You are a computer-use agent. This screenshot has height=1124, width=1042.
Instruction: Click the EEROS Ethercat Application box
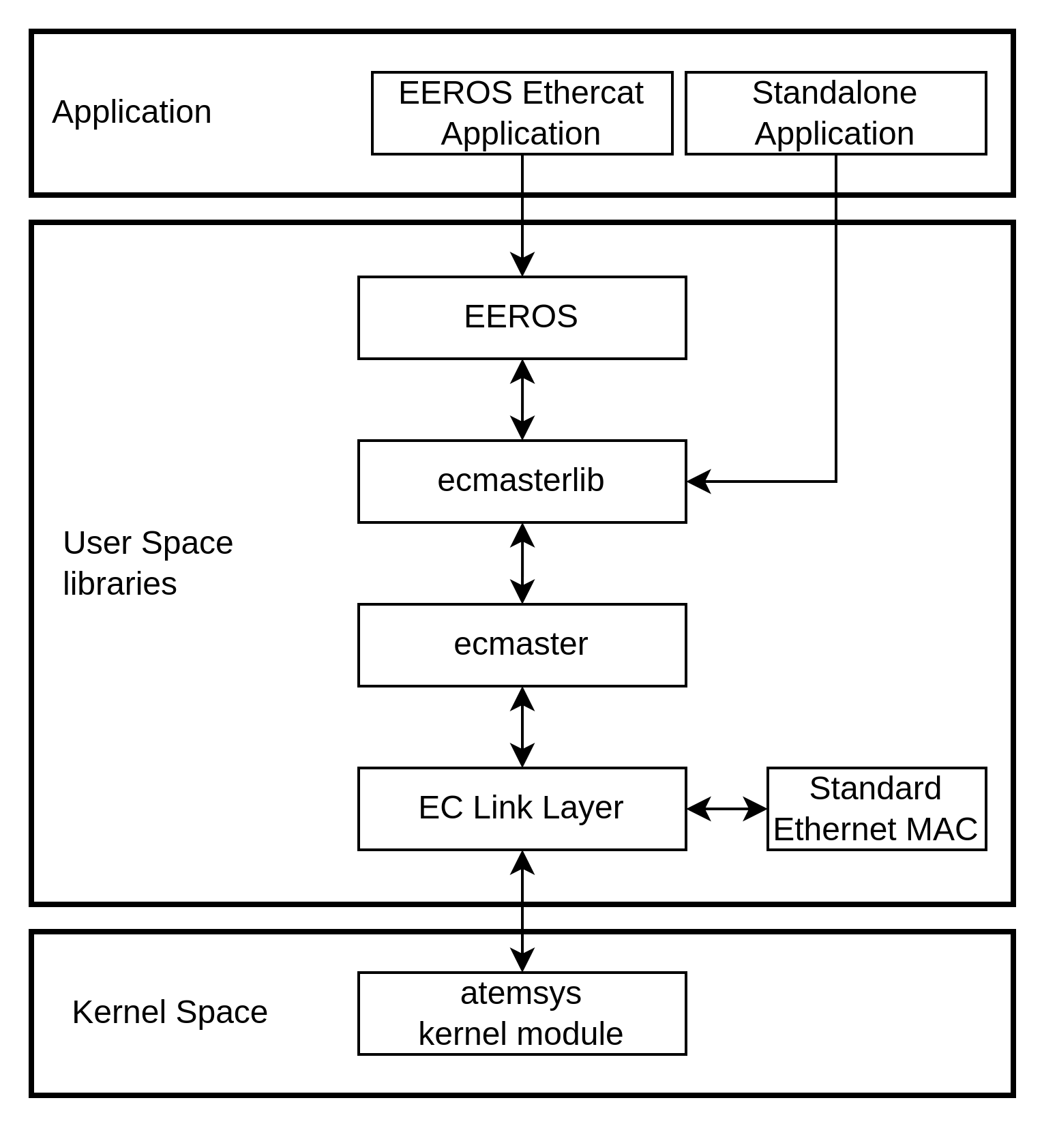[x=522, y=113]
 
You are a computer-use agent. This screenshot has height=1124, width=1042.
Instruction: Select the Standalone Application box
[x=835, y=113]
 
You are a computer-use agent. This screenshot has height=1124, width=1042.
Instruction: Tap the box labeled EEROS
[x=522, y=318]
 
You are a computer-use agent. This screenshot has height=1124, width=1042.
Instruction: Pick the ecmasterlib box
[x=522, y=482]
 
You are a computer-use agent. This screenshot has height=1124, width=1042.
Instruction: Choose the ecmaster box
[x=522, y=645]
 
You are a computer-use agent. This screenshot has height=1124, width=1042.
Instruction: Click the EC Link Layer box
[x=522, y=809]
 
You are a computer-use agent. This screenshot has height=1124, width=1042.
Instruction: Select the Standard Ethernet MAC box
[x=876, y=809]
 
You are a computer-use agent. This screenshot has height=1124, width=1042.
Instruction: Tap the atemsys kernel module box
[x=522, y=1014]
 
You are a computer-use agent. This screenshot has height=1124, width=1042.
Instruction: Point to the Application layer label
[x=132, y=112]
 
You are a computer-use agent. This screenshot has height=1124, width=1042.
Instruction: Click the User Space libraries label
[x=148, y=563]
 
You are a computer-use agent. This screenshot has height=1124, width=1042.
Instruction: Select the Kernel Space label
[x=170, y=1012]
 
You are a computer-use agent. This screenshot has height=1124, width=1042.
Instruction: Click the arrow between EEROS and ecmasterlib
[x=522, y=400]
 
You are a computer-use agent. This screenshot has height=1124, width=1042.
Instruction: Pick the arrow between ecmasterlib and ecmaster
[x=522, y=563]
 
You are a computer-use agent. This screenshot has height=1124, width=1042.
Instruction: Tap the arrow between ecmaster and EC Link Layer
[x=522, y=727]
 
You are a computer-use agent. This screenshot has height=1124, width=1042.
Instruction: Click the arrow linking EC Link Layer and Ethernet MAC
[x=727, y=809]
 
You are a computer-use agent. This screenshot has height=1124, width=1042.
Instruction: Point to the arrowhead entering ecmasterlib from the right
[x=698, y=482]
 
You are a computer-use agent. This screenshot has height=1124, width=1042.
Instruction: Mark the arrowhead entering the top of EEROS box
[x=522, y=265]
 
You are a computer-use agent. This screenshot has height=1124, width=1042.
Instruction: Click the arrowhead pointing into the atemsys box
[x=522, y=960]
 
